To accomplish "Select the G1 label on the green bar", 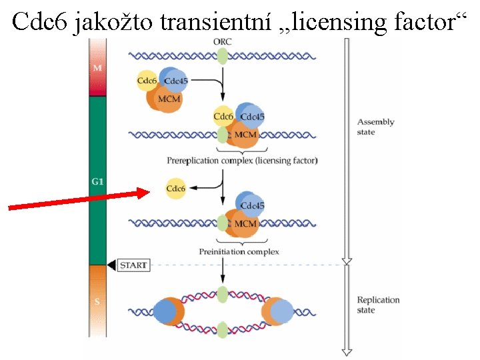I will coord(97,181).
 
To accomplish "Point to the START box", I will coord(133,265).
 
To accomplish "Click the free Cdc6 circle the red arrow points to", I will coord(176,189).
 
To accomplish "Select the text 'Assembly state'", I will coord(376,127).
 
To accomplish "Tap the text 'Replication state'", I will coord(378,305).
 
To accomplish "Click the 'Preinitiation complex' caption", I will coord(239,251).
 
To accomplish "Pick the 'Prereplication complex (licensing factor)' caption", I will coord(242,161).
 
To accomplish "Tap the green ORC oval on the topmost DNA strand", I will coord(223,57).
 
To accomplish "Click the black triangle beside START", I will coord(111,265).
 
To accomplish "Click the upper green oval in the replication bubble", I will coord(223,293).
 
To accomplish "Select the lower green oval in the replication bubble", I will coord(223,328).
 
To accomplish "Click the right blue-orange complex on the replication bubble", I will coord(278,311).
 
